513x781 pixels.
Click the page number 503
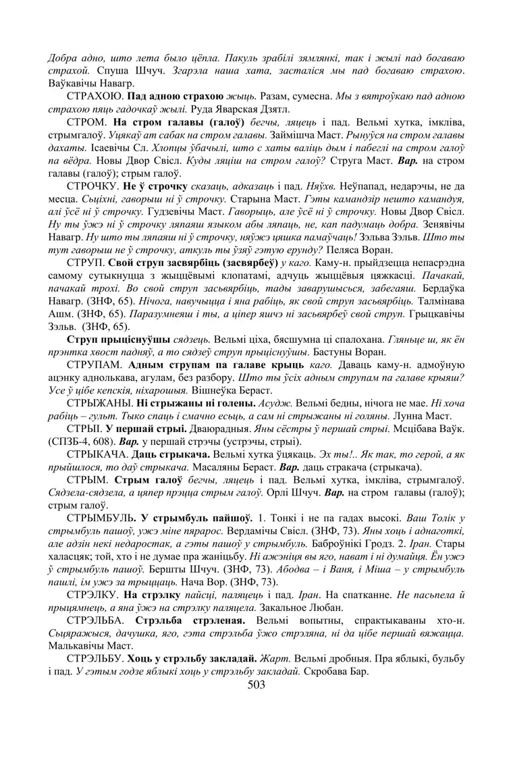coord(256,685)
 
